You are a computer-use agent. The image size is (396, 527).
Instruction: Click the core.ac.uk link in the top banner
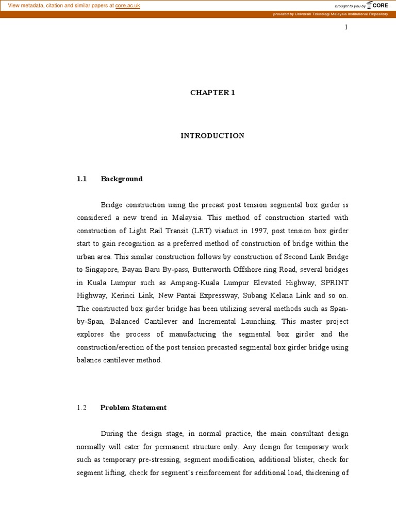coord(127,6)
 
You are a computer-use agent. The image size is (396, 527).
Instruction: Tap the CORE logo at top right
coord(377,6)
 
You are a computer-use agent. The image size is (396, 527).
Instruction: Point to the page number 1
coord(346,27)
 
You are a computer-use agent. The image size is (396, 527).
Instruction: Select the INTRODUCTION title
coord(212,136)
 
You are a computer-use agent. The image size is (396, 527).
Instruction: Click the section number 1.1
coord(82,179)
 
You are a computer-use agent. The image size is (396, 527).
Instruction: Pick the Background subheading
coord(122,179)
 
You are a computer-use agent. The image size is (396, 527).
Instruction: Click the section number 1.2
coord(82,408)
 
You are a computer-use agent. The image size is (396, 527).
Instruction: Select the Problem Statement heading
coord(134,408)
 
